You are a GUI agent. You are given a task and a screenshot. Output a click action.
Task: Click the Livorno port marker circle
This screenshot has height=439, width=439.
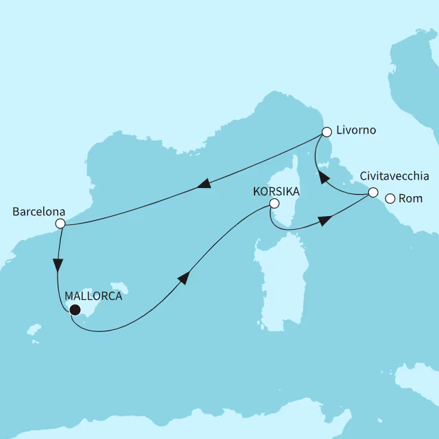tap(327, 132)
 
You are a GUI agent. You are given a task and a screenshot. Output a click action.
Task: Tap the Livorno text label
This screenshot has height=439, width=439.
tap(356, 130)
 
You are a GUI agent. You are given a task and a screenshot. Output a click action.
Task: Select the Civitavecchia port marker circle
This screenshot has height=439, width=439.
tap(372, 193)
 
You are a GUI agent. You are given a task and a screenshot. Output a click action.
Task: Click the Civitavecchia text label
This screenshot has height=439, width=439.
tap(394, 176)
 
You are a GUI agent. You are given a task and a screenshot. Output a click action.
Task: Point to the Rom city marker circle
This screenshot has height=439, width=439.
tap(390, 199)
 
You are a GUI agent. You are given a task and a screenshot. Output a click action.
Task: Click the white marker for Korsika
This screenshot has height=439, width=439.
tap(274, 203)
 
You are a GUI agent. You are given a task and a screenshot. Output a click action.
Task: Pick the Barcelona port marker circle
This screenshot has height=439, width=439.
tap(60, 224)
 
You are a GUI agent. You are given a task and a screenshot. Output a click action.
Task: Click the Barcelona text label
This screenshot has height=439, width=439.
tap(39, 211)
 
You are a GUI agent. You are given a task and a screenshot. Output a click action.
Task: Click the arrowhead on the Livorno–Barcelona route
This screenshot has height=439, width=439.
tap(203, 184)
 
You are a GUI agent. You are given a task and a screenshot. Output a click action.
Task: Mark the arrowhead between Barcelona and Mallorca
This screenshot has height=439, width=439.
tap(58, 265)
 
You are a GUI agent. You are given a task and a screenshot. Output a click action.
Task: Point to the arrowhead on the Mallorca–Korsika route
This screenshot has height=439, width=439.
tap(183, 276)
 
